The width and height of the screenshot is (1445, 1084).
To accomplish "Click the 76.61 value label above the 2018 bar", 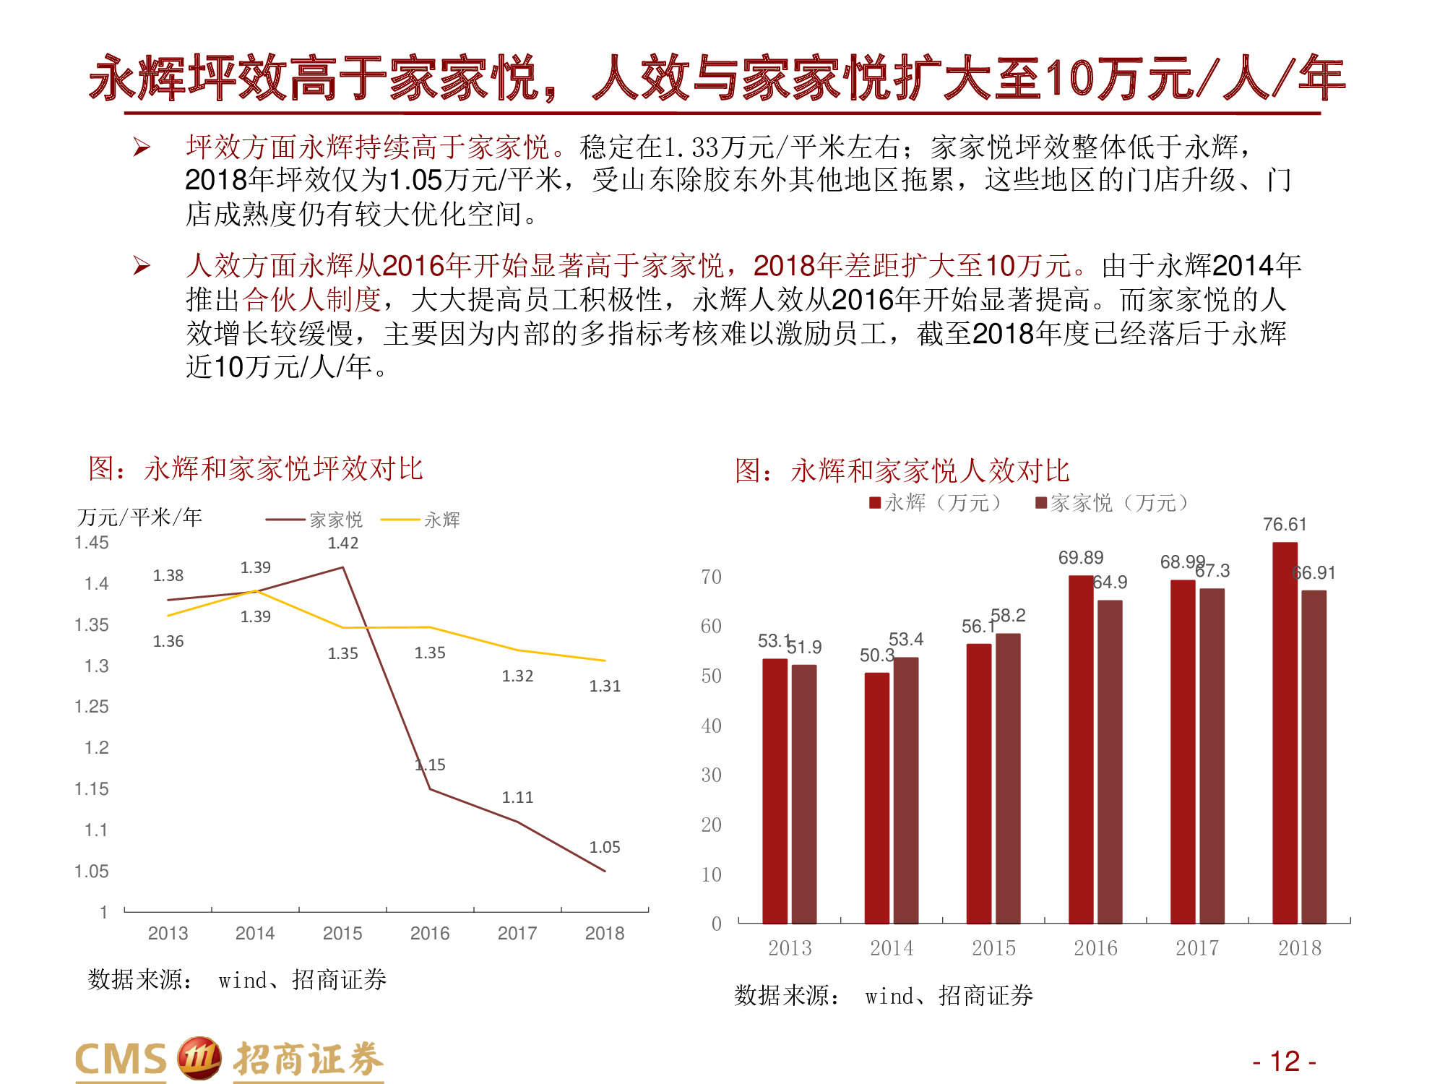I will coord(1284,525).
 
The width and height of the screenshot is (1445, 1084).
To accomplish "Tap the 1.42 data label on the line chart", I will coord(342,543).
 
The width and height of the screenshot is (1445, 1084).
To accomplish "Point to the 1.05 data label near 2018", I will coord(605,847).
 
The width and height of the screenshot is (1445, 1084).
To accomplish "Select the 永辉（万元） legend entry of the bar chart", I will coord(937,503).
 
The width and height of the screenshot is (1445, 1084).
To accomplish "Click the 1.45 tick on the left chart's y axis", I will coord(92,543).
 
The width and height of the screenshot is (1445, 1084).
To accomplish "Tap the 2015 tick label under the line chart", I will coord(342,934).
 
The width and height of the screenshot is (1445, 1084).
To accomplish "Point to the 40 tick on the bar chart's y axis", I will coord(711,726).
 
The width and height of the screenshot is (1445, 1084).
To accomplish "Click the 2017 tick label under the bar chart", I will coord(1197,948).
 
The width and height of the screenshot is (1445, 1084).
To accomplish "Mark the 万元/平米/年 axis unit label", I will coord(139,517).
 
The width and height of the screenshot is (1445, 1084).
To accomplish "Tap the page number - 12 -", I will coord(1284,1061).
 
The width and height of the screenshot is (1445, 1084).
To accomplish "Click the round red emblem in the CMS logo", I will coord(199,1058).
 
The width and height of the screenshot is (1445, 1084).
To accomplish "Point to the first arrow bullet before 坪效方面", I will coord(142,147).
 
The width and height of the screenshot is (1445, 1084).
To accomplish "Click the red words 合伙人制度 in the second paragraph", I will coord(311,299).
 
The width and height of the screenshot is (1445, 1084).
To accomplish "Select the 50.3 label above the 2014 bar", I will coord(876,655).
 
